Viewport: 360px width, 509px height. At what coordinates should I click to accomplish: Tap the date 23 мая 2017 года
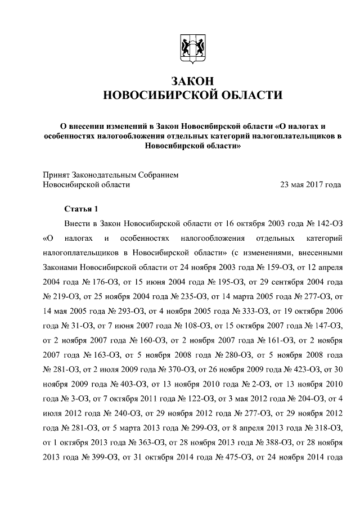tap(312, 184)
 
